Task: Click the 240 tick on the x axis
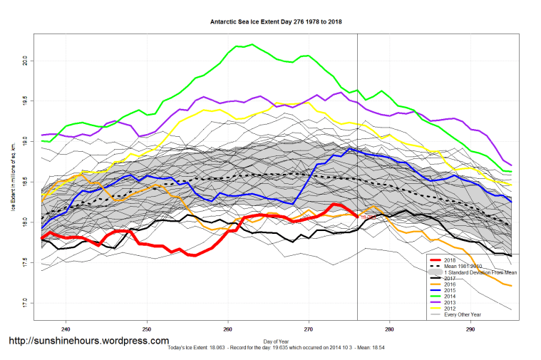click(66, 329)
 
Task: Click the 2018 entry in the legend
click(451, 261)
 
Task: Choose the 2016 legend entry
click(451, 284)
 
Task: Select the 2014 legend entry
click(451, 295)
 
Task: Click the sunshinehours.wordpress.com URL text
click(89, 341)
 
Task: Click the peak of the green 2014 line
click(252, 45)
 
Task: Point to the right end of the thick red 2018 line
click(357, 217)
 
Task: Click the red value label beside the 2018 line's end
click(369, 217)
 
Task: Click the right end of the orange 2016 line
click(511, 286)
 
